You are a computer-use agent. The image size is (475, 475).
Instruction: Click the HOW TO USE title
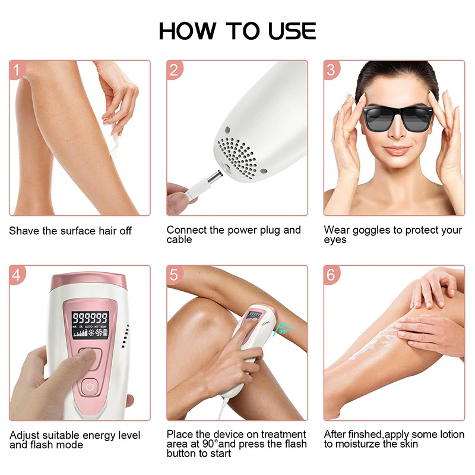[x=237, y=31]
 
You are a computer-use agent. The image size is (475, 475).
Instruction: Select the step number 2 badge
[x=173, y=70]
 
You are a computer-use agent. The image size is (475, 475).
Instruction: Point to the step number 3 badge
[x=331, y=70]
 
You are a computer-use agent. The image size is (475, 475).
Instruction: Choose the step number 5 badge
[x=173, y=275]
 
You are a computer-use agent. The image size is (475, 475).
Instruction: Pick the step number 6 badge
[x=331, y=275]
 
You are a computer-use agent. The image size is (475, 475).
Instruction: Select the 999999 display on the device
[x=90, y=319]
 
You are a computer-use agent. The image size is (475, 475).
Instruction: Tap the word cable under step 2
[x=179, y=240]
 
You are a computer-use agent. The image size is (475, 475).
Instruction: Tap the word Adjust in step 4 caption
[x=24, y=435]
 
